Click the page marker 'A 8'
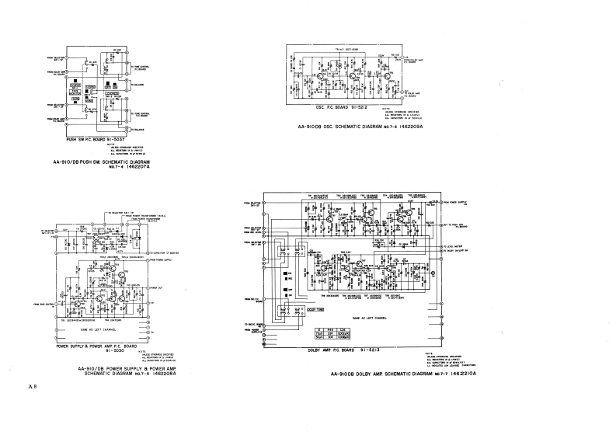31,386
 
